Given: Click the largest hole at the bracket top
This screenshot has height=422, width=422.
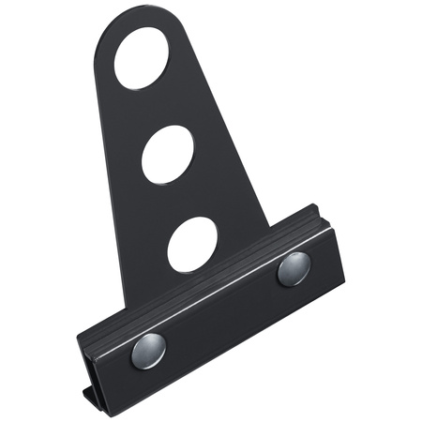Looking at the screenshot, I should pyautogui.click(x=145, y=58).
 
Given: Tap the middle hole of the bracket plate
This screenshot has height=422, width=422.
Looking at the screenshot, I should pyautogui.click(x=169, y=154).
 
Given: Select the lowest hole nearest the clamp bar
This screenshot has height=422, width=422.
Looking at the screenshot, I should pyautogui.click(x=194, y=244).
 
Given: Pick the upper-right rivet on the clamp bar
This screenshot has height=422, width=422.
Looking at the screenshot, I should pyautogui.click(x=293, y=270).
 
